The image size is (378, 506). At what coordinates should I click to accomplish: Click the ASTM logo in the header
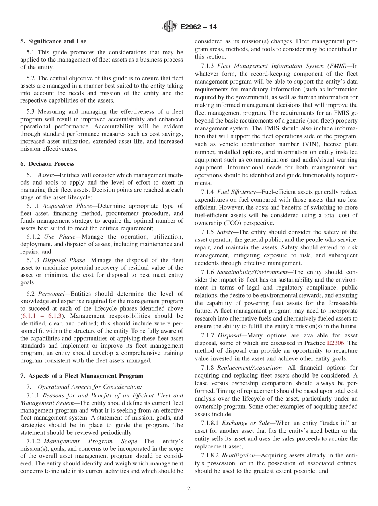pos(170,27)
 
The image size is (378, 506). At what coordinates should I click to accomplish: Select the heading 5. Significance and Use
pos(53,41)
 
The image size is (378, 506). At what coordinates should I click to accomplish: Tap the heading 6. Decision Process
pos(47,164)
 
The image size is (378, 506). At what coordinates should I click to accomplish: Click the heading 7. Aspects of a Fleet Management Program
pos(82,376)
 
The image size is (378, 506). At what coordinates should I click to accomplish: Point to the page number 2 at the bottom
pos(189,489)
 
